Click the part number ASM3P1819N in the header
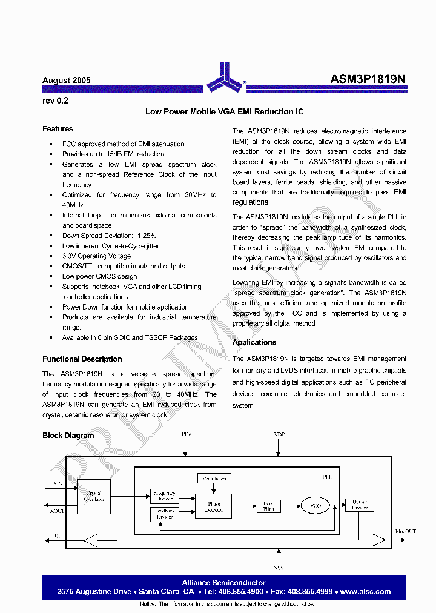(369, 79)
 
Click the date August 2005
(67, 81)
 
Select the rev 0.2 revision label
(55, 101)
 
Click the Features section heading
(58, 129)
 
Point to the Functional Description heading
(82, 359)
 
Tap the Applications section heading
(254, 343)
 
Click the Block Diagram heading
(68, 436)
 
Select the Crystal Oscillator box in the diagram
(94, 496)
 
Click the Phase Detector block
(214, 507)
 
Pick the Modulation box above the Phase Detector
(214, 479)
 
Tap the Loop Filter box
(269, 506)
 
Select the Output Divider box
(360, 505)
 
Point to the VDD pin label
(279, 435)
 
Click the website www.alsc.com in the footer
(365, 592)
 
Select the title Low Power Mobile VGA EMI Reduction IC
(225, 112)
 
